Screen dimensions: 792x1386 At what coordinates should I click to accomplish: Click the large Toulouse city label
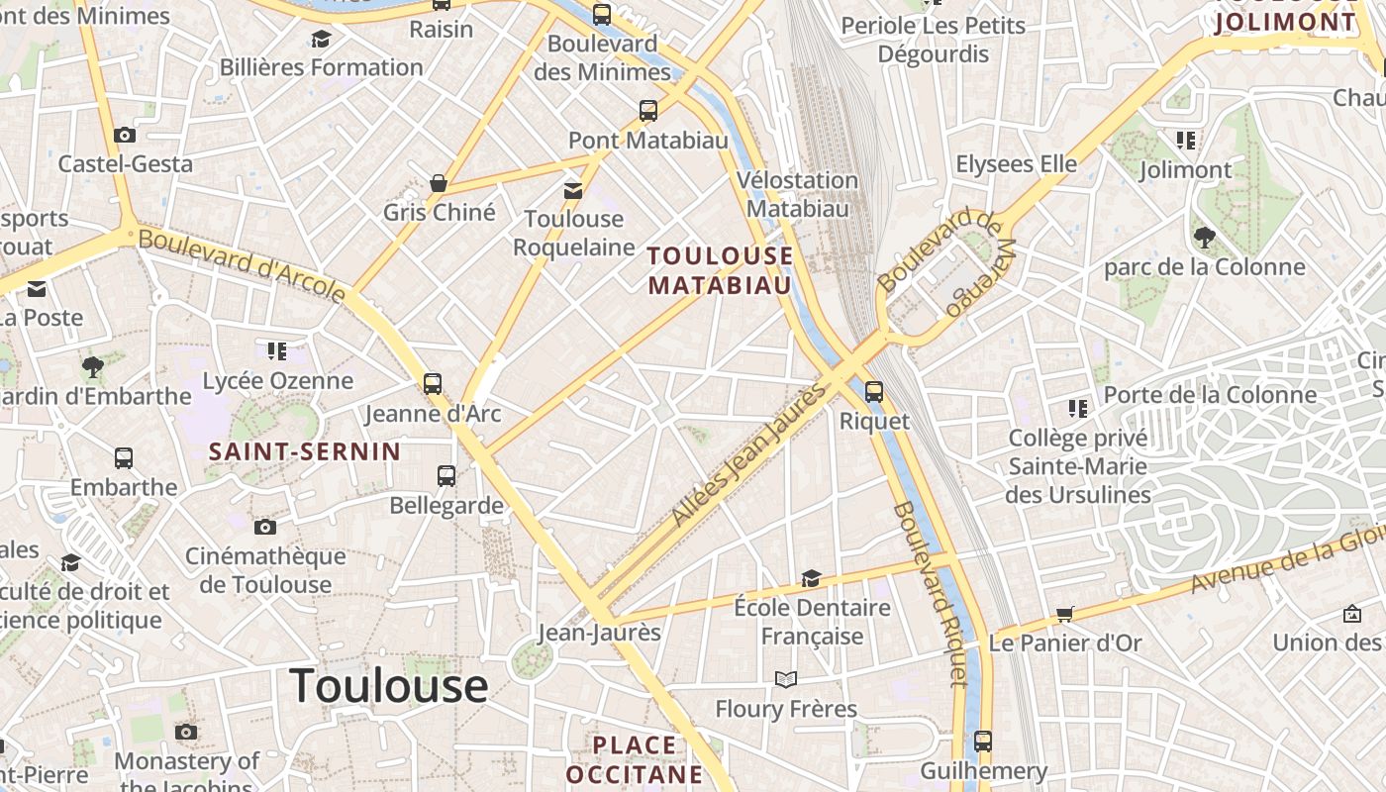389,685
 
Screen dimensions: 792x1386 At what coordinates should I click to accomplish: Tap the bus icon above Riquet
873,391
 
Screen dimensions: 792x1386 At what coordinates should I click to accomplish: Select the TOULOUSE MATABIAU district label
720,270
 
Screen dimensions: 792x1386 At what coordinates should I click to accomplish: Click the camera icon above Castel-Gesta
125,135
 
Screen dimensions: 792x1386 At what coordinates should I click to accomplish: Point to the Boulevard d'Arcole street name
243,265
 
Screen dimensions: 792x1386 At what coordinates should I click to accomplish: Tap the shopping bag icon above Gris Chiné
439,183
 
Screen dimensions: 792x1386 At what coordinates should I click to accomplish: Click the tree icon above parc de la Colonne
1205,238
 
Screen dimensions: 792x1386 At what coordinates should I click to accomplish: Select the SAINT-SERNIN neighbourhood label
305,452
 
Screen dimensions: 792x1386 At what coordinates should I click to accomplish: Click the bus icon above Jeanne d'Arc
433,384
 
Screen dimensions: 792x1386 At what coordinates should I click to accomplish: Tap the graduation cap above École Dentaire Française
812,578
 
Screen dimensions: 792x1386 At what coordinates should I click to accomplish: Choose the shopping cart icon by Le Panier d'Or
1065,614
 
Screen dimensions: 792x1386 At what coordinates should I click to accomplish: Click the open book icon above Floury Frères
786,679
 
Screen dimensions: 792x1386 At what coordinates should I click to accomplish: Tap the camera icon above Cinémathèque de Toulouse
265,527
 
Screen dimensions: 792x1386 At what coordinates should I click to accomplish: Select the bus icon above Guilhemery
983,741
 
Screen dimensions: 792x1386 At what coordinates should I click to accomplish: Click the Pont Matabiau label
648,141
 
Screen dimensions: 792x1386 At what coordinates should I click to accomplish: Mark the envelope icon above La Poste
37,289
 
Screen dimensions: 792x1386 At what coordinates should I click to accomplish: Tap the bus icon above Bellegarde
446,476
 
